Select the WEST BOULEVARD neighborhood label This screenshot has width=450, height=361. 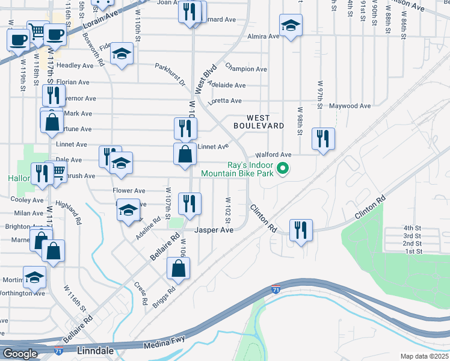[x=259, y=122]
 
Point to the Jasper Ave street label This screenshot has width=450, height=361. [x=214, y=230]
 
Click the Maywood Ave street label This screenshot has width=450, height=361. [x=350, y=106]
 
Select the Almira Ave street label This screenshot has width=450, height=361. [x=264, y=36]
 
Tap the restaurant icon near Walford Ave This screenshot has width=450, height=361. [x=324, y=138]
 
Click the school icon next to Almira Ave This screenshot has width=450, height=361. [x=291, y=25]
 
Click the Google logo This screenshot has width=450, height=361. [x=20, y=354]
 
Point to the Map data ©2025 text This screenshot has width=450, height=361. [x=424, y=356]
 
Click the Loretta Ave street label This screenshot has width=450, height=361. [x=224, y=101]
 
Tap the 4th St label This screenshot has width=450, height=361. [x=412, y=228]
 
